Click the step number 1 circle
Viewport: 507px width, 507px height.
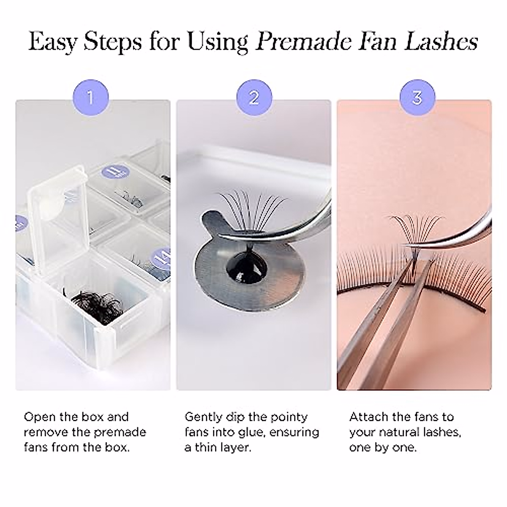click(91, 98)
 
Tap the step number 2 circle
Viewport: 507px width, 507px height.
click(254, 98)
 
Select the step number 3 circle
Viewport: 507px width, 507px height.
click(417, 98)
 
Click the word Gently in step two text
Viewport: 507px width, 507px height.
click(205, 417)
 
